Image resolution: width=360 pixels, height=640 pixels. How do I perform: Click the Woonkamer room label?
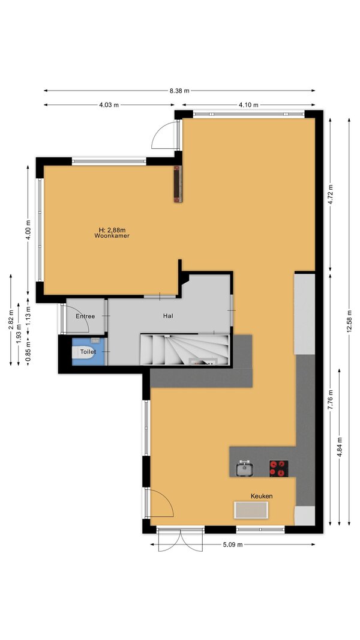[112, 235]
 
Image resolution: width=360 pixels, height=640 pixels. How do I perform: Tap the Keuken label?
[262, 496]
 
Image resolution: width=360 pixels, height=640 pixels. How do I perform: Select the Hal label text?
[168, 316]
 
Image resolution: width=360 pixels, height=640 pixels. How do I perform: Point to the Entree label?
[85, 316]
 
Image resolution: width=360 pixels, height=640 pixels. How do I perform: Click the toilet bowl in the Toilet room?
[83, 352]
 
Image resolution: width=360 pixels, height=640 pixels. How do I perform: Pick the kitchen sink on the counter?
[245, 468]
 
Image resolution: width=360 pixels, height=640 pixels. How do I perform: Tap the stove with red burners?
[278, 468]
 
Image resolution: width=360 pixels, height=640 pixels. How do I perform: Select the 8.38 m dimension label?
[179, 91]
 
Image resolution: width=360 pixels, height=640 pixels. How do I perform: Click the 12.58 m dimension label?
[349, 321]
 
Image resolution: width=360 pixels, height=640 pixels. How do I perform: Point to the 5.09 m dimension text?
[233, 544]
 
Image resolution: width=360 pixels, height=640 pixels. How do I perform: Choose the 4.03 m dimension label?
[109, 105]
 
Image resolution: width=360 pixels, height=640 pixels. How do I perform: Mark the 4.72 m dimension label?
[330, 195]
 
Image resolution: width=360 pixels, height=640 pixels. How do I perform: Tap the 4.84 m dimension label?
[340, 447]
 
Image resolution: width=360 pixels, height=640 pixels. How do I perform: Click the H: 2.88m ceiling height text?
[112, 230]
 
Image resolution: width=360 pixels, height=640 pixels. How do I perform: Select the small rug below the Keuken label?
[251, 510]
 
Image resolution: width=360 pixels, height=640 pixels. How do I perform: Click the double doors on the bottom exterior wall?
[180, 539]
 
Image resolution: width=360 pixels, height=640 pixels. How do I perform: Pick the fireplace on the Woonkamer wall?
[178, 184]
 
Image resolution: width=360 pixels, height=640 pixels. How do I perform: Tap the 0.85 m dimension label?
[28, 352]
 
